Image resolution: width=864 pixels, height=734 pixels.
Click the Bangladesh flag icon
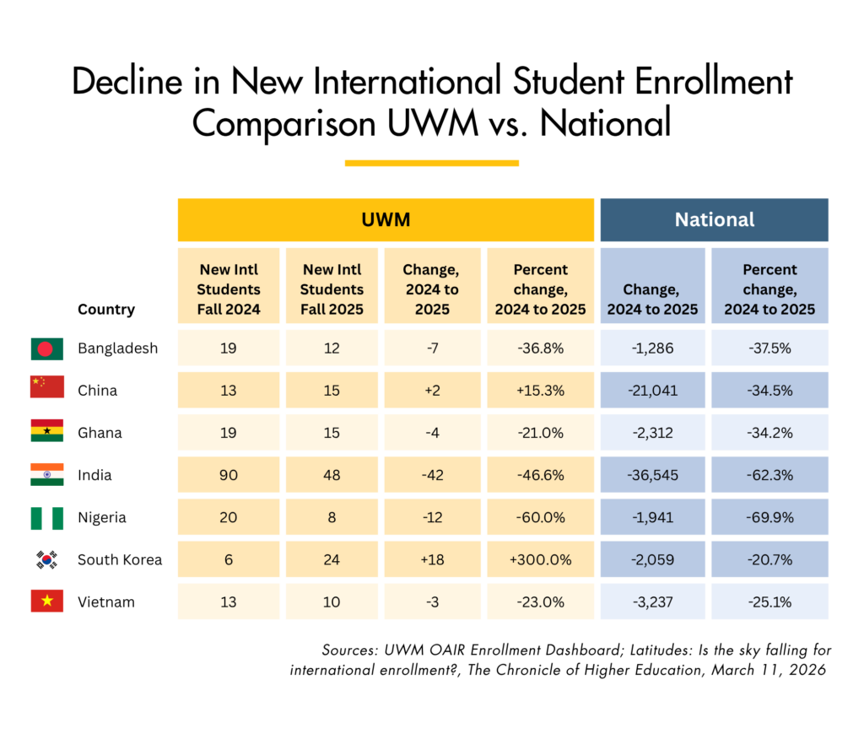46,348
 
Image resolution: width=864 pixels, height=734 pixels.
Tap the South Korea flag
46,559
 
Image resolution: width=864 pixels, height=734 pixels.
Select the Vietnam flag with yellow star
46,602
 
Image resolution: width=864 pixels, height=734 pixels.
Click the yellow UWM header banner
386,219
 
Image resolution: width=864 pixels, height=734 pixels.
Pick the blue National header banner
714,219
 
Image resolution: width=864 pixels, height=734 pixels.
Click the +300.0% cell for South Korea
540,559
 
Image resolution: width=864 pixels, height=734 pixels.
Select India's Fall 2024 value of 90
228,475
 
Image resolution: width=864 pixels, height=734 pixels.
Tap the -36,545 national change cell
652,475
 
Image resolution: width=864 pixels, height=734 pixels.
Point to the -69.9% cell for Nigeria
769,517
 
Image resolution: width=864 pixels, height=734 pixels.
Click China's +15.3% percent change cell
540,391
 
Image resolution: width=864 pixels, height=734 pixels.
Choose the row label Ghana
100,433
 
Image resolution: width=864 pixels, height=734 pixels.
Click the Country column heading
106,309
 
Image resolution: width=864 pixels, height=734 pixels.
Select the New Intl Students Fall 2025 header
332,289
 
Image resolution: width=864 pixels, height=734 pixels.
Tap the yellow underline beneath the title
431,163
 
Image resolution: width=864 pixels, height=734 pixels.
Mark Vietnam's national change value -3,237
652,602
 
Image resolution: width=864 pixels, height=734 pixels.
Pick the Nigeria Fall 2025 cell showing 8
332,517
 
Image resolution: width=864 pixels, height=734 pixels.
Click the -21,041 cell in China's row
652,391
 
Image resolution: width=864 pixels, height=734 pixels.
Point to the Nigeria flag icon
46,517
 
